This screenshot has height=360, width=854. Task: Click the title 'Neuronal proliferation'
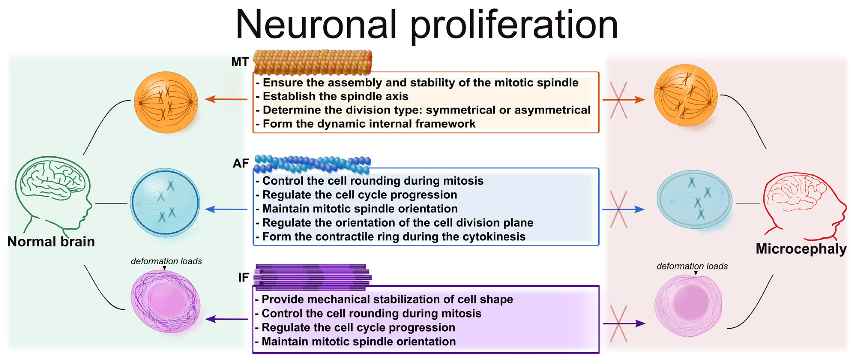tap(426, 25)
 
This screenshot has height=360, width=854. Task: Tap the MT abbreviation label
tap(240, 62)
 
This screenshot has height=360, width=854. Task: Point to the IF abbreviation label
tap(243, 278)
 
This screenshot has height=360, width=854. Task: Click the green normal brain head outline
tap(53, 192)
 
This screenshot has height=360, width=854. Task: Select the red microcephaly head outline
tap(802, 206)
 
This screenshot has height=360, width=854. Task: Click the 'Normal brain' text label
tap(51, 241)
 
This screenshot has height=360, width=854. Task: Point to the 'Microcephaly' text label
tap(801, 249)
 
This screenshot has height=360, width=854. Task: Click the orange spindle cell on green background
tap(166, 102)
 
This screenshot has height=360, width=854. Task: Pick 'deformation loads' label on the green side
tap(166, 261)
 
